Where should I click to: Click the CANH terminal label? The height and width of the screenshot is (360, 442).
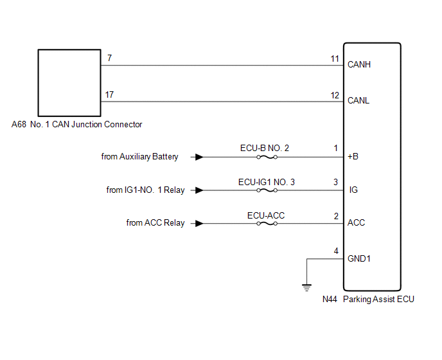point(358,64)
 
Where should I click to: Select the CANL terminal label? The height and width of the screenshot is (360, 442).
point(358,101)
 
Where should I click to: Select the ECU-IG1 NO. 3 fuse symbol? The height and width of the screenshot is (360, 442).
point(266,190)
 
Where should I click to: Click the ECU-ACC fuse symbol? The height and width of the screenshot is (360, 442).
point(266,224)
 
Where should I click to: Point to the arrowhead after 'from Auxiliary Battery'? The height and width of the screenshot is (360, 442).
point(200,157)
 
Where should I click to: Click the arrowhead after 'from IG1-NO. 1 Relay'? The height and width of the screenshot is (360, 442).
point(200,190)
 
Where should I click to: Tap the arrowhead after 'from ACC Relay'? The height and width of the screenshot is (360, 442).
point(200,224)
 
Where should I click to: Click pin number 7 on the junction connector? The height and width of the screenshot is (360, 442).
point(109,59)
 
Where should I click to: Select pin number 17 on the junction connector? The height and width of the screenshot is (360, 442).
point(110,94)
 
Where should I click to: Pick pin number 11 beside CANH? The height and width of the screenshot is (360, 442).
point(335,59)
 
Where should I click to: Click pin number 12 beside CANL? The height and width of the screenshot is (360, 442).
point(335,94)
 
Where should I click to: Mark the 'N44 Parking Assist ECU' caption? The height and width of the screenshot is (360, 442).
point(368,299)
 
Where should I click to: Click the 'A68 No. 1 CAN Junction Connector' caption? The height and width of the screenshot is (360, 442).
point(76,124)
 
